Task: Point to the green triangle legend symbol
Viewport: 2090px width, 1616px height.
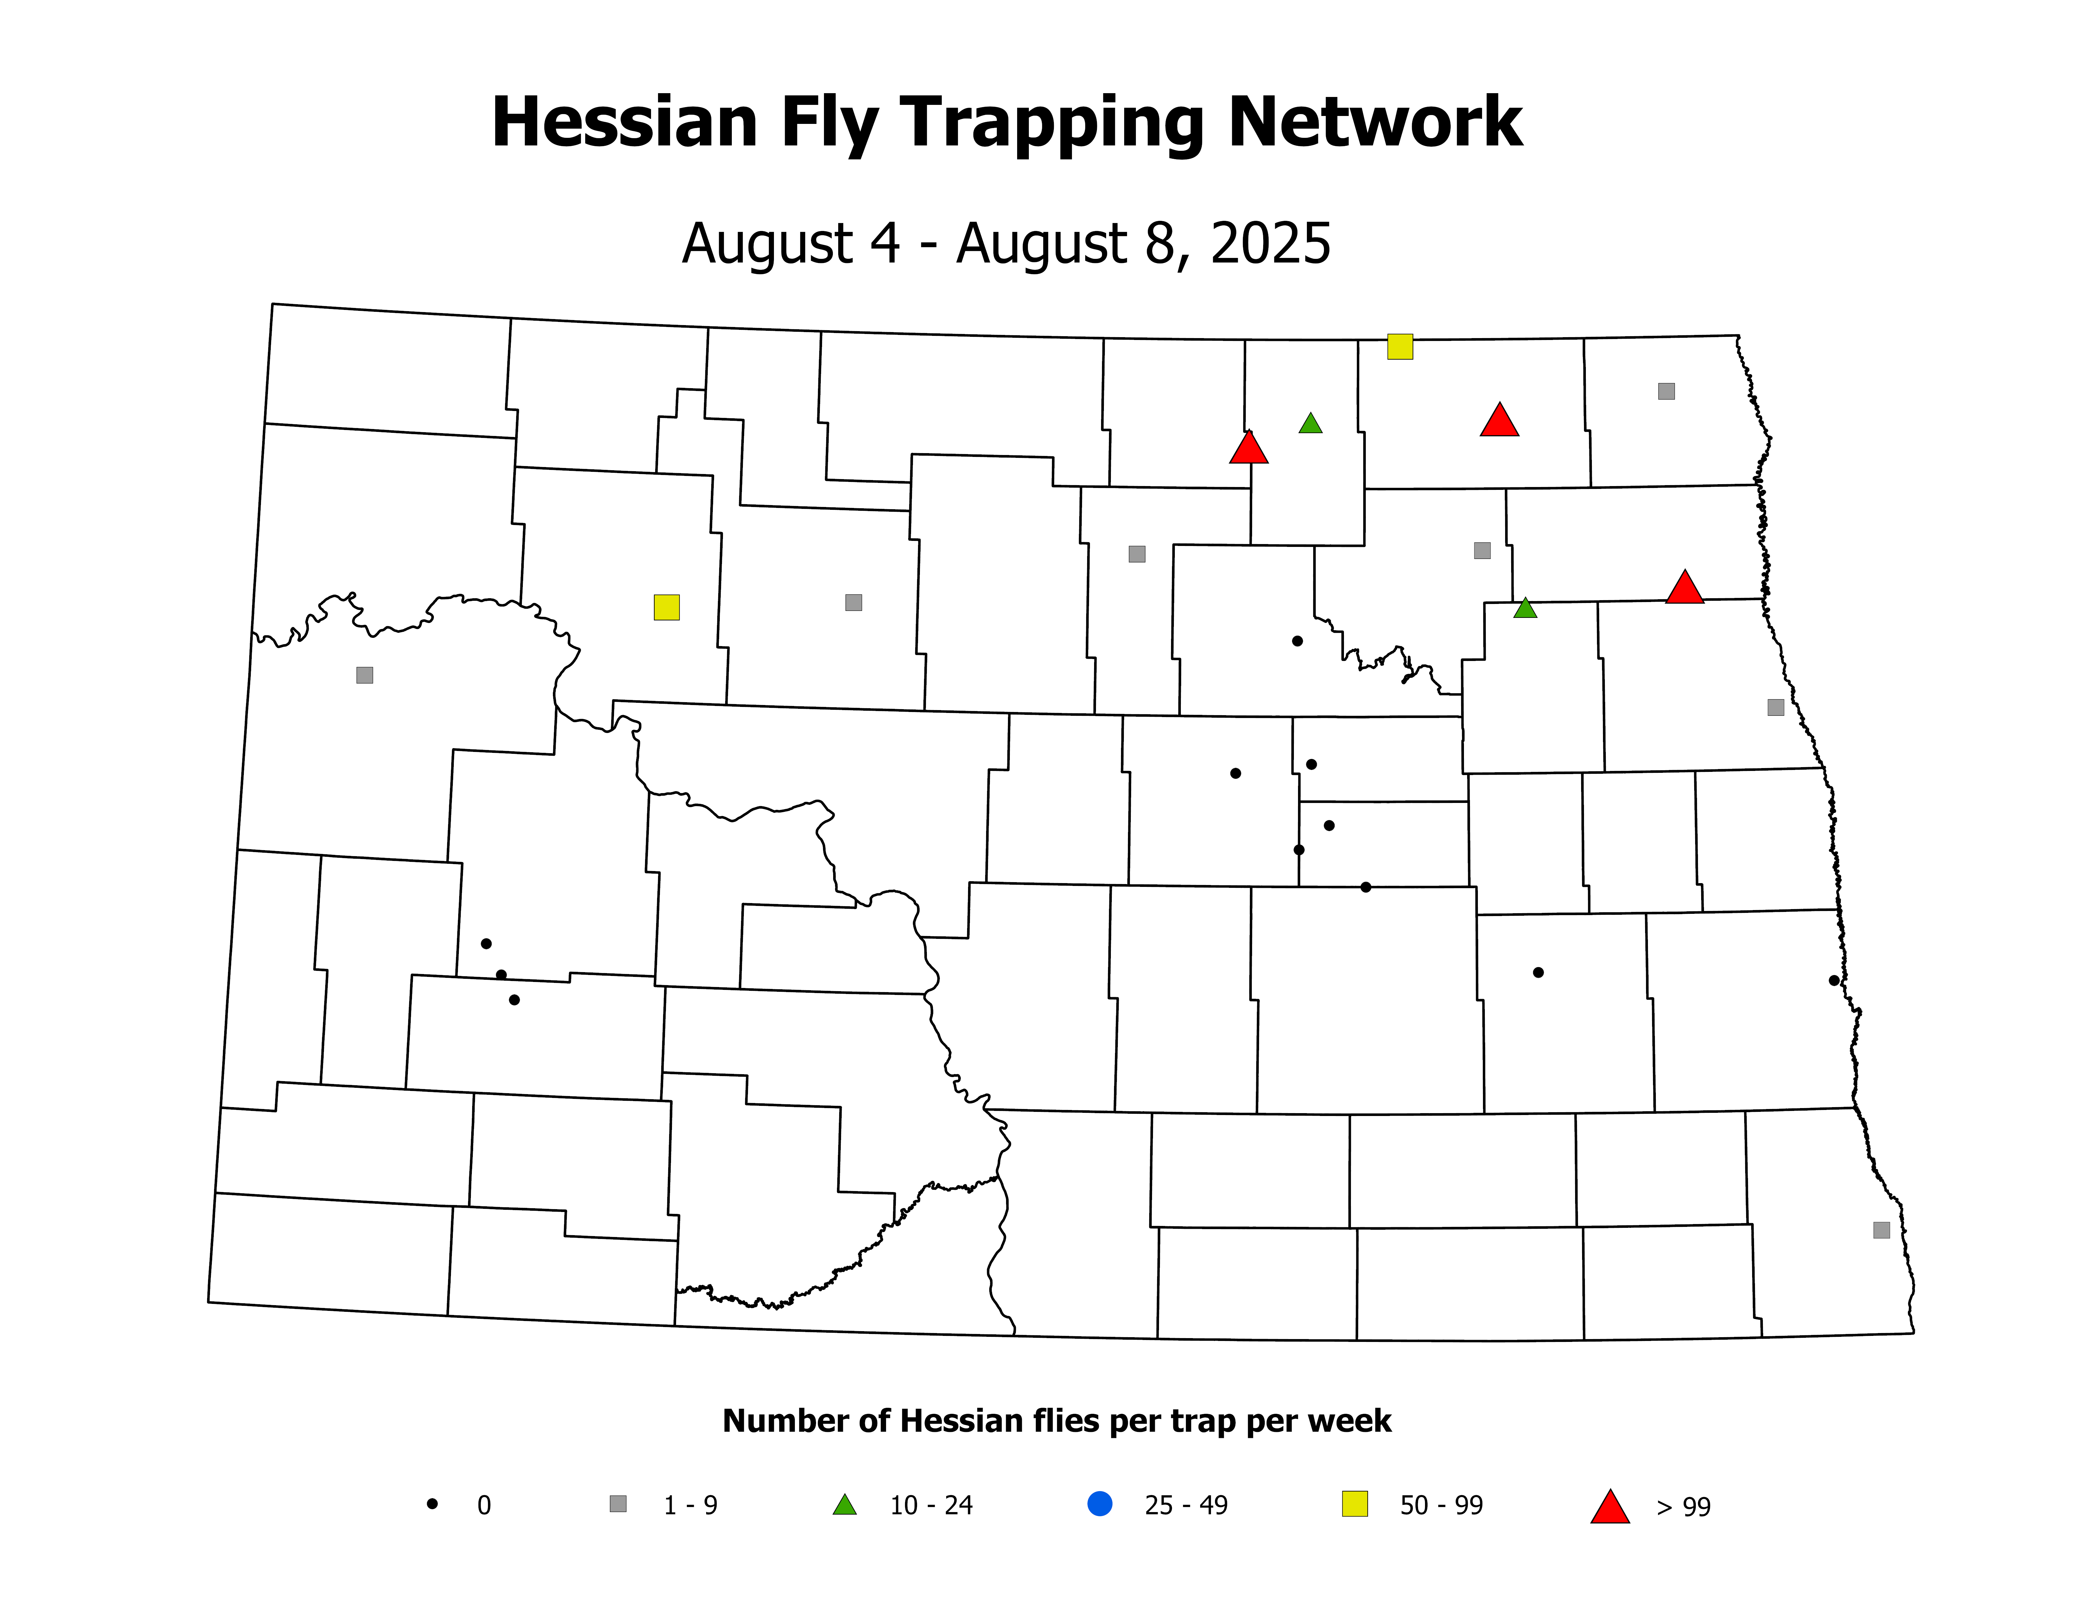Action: click(844, 1505)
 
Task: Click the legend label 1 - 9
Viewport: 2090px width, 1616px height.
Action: click(690, 1506)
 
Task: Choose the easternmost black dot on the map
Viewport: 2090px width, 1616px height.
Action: click(1833, 980)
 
